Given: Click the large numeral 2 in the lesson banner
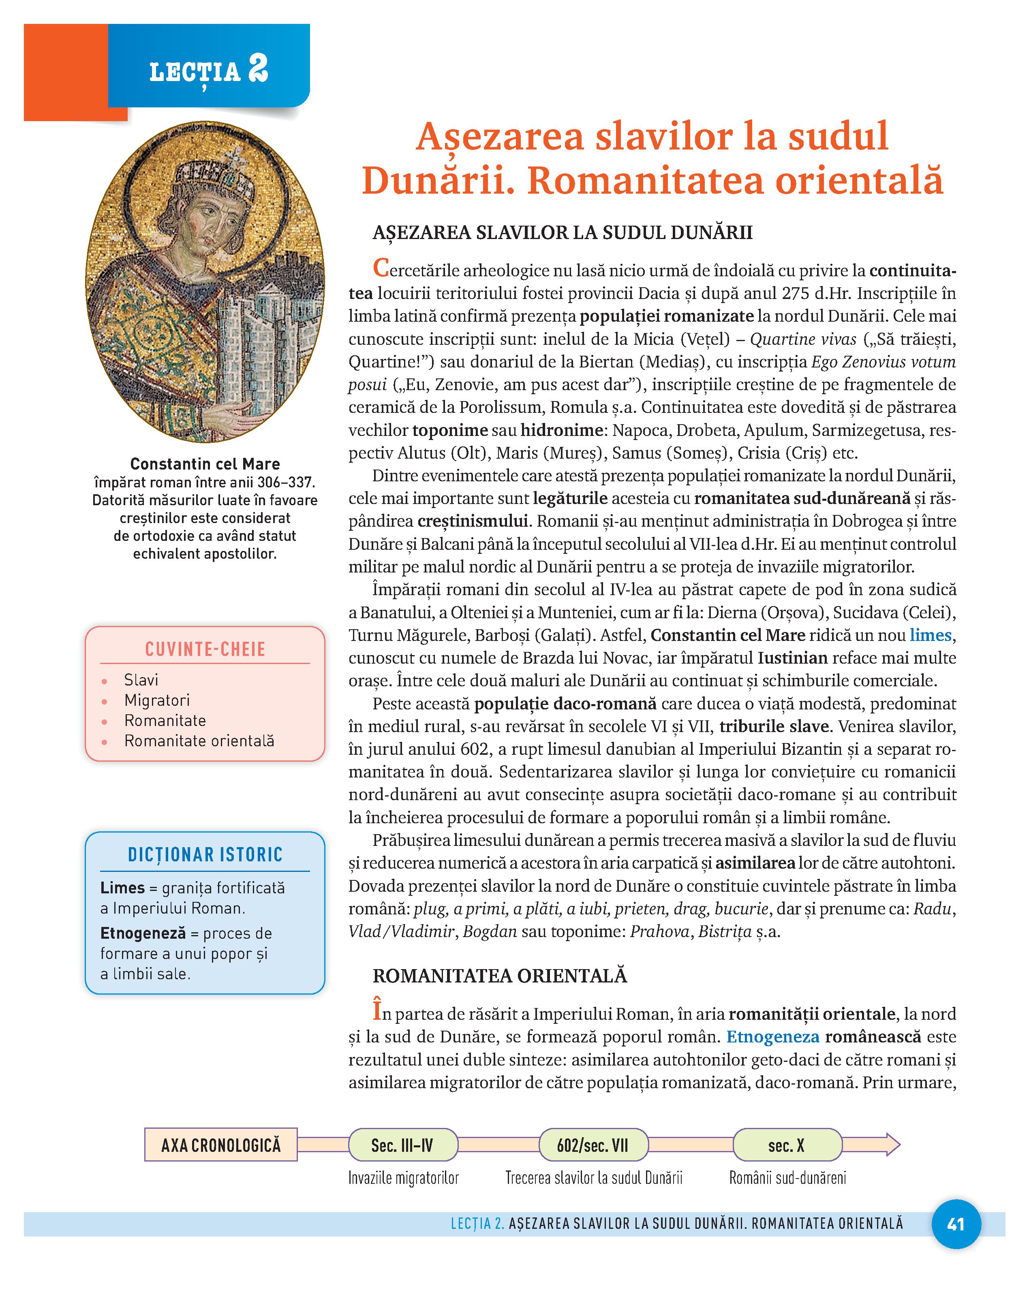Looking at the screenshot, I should tap(258, 70).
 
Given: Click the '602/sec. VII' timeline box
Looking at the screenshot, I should tap(593, 1145).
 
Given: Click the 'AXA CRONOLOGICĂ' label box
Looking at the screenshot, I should tap(220, 1145).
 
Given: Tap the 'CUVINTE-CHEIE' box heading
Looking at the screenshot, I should tap(205, 649).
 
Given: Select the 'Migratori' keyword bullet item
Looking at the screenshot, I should tap(156, 700).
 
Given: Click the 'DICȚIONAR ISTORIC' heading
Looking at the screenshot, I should tap(205, 854).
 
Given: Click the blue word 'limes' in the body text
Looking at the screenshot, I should tap(930, 635).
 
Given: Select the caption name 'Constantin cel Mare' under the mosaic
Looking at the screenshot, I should tap(205, 464).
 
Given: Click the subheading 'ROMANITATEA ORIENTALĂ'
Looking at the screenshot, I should tap(500, 976).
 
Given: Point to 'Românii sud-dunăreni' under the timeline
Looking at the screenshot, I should tap(787, 1178).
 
